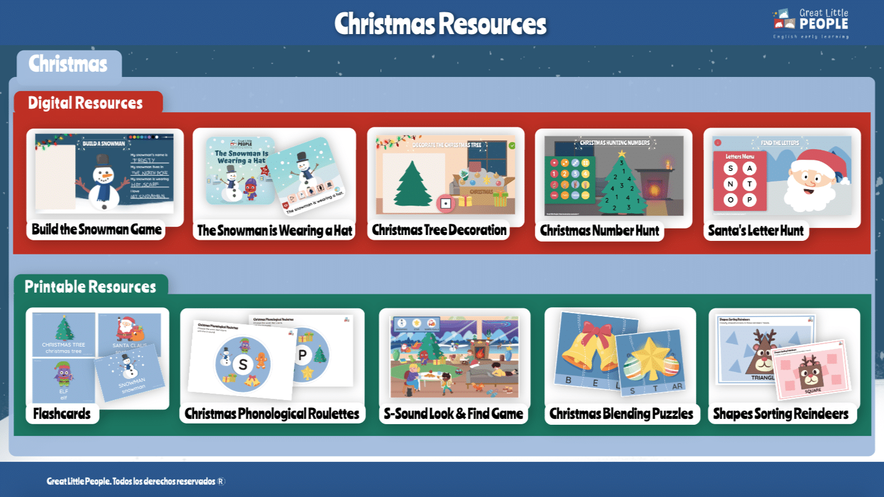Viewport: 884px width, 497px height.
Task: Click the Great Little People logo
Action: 811,23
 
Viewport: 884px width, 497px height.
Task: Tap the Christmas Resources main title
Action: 440,24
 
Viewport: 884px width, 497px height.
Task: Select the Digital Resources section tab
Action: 86,103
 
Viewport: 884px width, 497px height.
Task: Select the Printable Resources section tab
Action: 91,287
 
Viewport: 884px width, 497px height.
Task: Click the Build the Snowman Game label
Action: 96,230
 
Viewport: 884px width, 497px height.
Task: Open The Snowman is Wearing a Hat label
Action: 274,231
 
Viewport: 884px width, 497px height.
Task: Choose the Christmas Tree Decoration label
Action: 439,230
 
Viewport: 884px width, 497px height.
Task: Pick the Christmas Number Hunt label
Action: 600,231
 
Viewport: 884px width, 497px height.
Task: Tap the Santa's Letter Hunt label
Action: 755,231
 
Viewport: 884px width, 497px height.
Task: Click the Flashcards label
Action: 62,414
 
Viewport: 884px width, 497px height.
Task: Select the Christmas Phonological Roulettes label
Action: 272,414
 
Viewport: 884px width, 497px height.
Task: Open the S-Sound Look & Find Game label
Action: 453,414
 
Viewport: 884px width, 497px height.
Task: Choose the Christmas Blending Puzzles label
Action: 621,414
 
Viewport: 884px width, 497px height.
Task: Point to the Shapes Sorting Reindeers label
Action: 781,414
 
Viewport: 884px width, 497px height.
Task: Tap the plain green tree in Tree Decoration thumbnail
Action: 413,184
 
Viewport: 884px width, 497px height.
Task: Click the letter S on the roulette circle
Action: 243,365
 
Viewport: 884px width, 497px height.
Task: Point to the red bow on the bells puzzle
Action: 597,334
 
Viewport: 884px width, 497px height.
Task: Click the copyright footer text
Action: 136,482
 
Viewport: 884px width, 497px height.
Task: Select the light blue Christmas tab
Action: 68,64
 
